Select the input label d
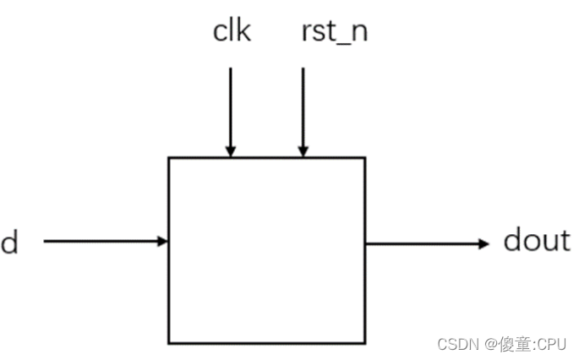point(9,243)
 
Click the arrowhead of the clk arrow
point(230,151)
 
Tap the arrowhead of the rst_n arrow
point(302,151)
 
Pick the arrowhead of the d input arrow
point(162,242)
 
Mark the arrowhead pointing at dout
point(483,243)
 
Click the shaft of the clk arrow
point(230,106)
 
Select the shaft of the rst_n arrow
point(302,106)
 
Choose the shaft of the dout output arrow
point(423,243)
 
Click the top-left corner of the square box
point(169,158)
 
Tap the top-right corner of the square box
point(365,158)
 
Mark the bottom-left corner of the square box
point(169,343)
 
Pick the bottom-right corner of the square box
point(365,343)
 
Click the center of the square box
point(267,250)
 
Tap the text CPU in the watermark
point(553,344)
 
